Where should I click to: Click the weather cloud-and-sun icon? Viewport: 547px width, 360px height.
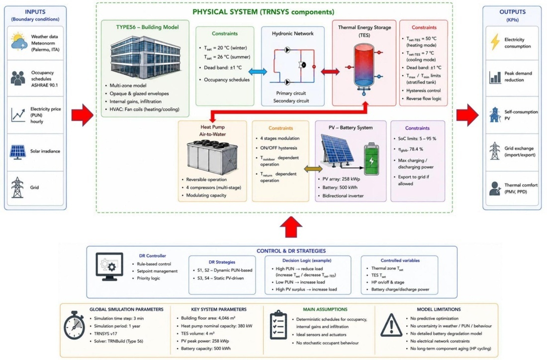[19, 42]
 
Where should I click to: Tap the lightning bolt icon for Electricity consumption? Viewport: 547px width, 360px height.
[495, 42]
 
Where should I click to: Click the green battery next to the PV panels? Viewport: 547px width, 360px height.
[371, 159]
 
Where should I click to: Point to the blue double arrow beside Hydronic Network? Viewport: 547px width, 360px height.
[258, 72]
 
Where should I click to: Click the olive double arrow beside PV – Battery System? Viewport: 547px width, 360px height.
[313, 169]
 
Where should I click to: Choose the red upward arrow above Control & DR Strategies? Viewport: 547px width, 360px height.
[291, 227]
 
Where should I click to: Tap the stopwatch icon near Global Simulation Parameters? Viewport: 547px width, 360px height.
[74, 325]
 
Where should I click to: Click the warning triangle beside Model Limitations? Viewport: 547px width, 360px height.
[391, 325]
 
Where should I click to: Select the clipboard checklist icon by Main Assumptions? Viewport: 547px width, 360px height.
[278, 325]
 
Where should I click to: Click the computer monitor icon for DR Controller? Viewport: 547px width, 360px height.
[109, 267]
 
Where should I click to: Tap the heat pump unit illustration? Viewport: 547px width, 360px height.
[212, 157]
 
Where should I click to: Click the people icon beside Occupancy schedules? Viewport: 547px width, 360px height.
[18, 79]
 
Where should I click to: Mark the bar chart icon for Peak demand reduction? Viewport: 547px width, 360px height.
[495, 77]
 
